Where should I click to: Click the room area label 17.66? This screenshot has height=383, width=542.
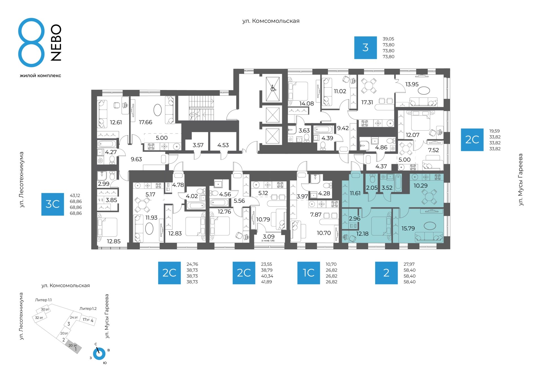click(145, 122)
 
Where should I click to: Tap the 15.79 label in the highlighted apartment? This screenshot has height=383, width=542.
click(408, 228)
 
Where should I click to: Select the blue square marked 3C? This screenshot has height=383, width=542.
click(53, 204)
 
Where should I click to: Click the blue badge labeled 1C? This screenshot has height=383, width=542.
click(309, 273)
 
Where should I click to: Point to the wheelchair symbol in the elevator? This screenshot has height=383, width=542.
click(273, 88)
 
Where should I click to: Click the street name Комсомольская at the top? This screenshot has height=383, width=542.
click(276, 21)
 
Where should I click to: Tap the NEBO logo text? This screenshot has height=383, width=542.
click(56, 42)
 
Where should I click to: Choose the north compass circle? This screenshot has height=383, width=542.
click(99, 354)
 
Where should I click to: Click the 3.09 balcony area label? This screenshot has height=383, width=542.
click(268, 237)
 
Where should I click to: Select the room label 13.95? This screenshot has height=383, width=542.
click(412, 84)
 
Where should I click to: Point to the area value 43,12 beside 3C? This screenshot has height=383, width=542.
click(75, 195)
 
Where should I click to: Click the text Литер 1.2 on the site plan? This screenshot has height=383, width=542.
click(88, 309)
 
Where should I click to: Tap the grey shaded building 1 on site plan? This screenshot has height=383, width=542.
click(74, 347)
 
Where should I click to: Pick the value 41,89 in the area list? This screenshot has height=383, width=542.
click(266, 282)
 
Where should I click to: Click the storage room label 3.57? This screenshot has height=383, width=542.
click(198, 145)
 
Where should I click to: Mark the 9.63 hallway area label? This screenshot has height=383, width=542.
click(136, 159)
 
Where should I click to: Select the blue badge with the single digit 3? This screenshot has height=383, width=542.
click(366, 48)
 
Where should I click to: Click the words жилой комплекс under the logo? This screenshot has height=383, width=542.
click(40, 75)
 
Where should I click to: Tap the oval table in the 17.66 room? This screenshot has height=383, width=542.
click(158, 110)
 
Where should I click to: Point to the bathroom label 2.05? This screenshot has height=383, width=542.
click(371, 188)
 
